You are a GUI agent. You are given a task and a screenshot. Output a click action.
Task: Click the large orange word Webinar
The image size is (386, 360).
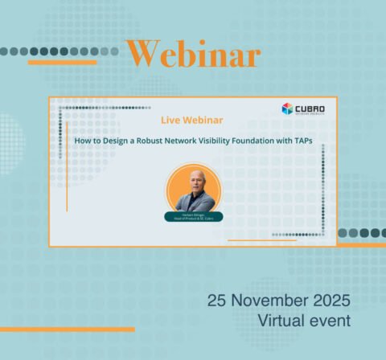tap(193, 55)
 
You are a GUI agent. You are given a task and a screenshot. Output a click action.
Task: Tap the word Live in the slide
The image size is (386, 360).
tap(170, 121)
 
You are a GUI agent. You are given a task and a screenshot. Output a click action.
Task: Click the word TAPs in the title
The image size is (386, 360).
tap(300, 140)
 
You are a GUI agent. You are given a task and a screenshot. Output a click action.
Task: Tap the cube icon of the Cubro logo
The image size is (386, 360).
tap(287, 108)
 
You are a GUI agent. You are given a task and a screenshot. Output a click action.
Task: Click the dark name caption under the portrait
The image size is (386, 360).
tap(193, 216)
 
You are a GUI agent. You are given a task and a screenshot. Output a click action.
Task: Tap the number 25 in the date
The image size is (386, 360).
tap(217, 301)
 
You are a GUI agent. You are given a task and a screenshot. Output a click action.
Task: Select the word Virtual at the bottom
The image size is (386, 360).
tap(282, 321)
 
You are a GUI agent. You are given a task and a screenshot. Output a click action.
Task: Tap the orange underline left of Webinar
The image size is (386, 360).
tap(62, 62)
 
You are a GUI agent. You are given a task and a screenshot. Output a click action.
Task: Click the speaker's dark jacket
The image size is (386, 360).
tap(194, 202)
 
